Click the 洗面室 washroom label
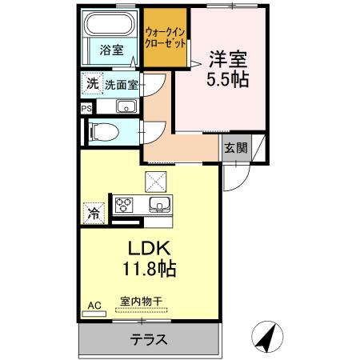tap(121, 83)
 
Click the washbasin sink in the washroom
tap(126, 107)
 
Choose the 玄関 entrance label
tap(234, 147)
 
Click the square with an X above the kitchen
tap(154, 181)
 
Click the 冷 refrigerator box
tap(92, 214)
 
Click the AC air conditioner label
tap(94, 305)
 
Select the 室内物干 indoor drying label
tap(144, 302)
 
